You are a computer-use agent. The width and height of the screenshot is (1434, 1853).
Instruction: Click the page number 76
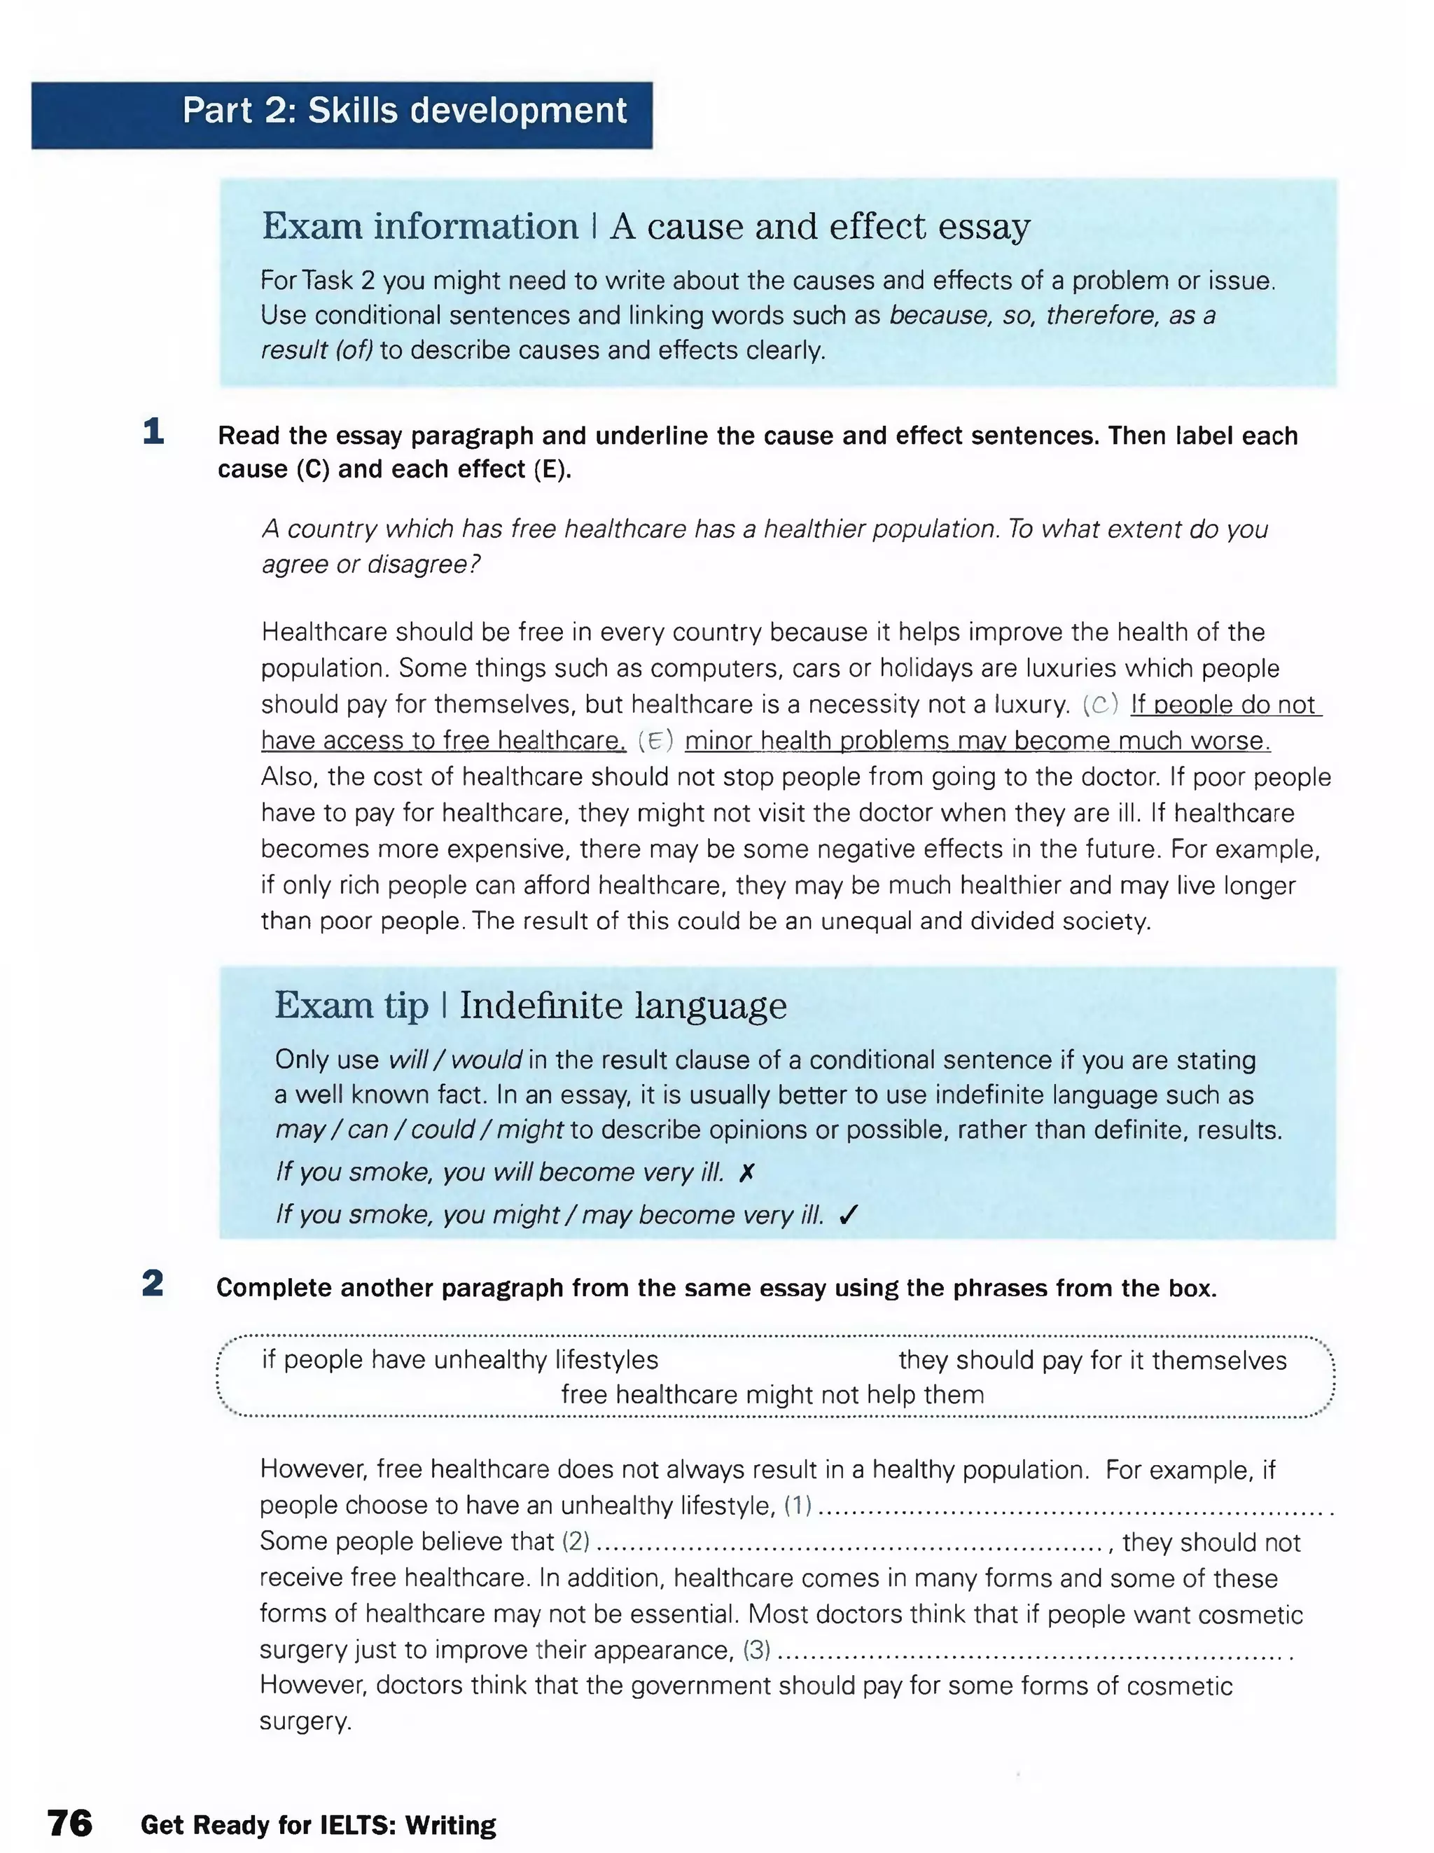coord(69,1822)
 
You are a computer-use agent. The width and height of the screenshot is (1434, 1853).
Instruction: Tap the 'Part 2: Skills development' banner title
coord(404,111)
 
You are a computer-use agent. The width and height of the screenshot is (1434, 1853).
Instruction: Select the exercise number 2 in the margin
coord(153,1283)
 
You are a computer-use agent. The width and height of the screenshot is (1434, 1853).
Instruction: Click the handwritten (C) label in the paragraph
coord(1101,705)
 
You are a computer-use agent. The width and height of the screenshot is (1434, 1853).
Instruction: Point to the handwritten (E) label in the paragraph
coord(655,741)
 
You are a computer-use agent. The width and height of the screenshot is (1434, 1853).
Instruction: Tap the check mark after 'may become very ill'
coord(848,1215)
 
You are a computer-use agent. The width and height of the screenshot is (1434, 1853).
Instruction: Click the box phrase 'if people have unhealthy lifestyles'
coord(460,1359)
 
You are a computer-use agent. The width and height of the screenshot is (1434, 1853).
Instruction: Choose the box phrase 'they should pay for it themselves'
coord(1092,1360)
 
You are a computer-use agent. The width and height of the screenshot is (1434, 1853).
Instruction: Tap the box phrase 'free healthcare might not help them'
coord(772,1395)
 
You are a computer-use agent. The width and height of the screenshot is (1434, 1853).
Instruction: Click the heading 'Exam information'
coord(420,226)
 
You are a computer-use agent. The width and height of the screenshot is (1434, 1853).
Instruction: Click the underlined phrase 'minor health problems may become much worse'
coord(977,741)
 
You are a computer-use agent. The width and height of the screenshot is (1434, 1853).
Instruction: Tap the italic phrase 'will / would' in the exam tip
coord(455,1060)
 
